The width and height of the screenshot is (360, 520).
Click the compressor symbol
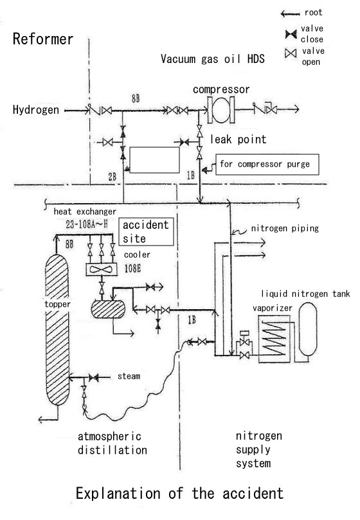[221, 110]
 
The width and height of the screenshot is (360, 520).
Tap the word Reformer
[43, 39]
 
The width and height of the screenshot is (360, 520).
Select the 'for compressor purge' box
[267, 164]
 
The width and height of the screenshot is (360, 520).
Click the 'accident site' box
[146, 231]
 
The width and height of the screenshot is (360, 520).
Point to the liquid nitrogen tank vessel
[308, 329]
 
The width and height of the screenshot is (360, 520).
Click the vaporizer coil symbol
[274, 339]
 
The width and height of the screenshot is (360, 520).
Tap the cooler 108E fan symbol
[101, 269]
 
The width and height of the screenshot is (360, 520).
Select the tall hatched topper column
[57, 329]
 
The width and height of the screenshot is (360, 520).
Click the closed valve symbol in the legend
[291, 34]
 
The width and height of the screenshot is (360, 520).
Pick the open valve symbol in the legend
[291, 53]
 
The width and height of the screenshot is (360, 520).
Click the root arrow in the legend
[290, 13]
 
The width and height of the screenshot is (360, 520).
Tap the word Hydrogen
[36, 110]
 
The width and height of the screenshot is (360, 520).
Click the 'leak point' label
[239, 139]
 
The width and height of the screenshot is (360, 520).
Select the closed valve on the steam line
[94, 377]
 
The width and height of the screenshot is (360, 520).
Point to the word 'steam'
[129, 377]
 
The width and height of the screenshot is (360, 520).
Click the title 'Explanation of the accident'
[179, 494]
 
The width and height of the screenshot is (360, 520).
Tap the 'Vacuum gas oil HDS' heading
[213, 59]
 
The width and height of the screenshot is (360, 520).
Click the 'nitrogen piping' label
[285, 228]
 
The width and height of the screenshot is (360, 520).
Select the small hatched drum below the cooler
[108, 309]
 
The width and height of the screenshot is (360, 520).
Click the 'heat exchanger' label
[85, 211]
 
